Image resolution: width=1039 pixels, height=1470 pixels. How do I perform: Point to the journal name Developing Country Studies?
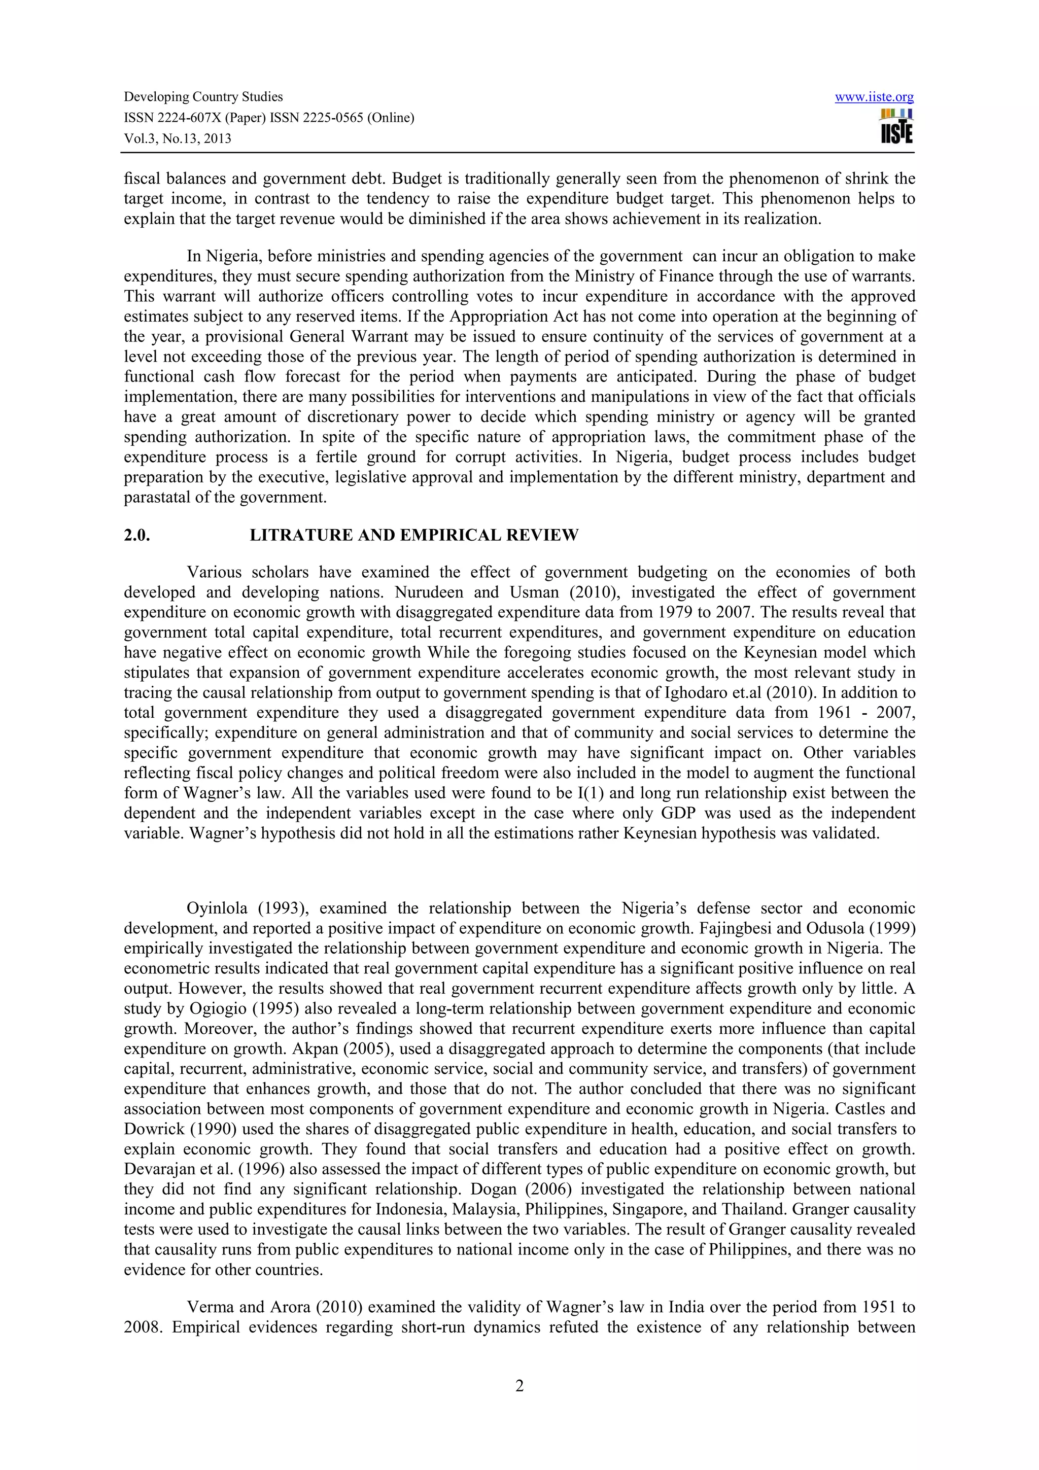203,97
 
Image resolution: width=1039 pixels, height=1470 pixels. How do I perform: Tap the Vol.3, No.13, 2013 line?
178,138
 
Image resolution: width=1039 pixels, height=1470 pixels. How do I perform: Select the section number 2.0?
136,535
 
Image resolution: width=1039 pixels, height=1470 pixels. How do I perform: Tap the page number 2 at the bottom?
519,1386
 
